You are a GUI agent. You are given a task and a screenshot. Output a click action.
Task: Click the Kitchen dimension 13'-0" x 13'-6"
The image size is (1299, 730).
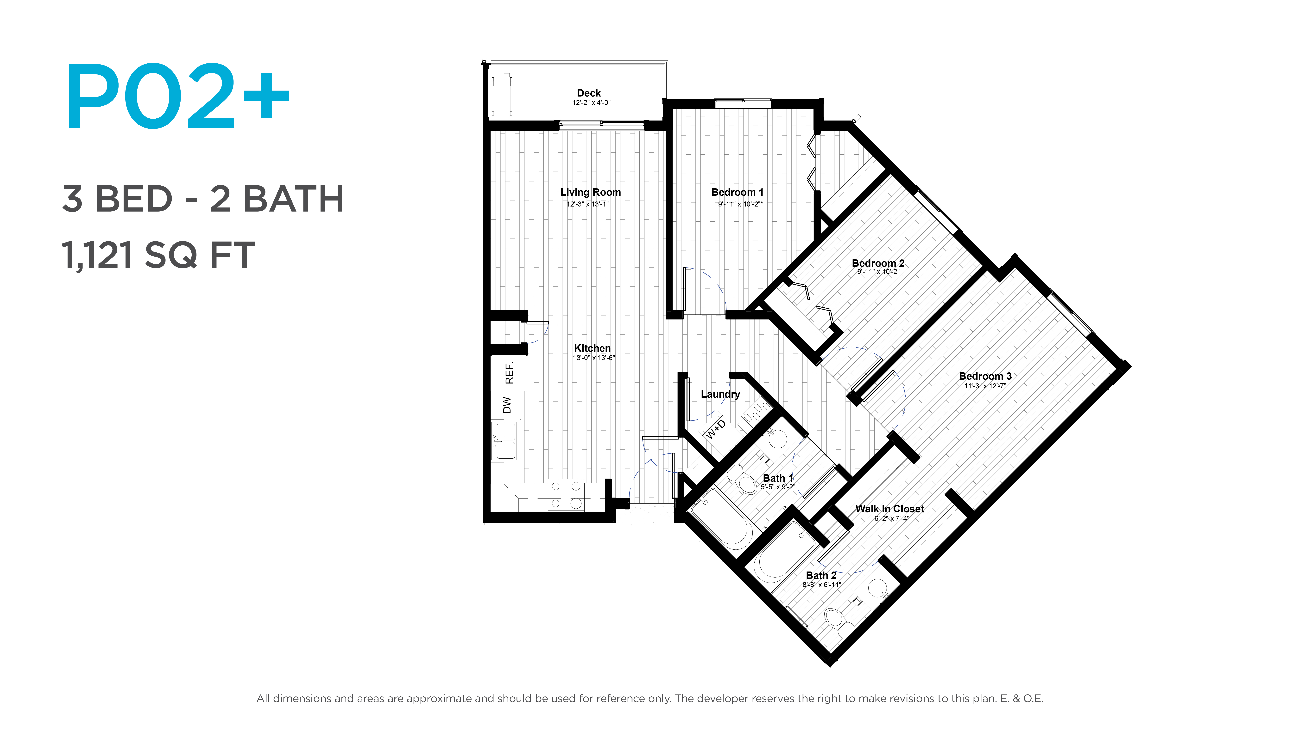pyautogui.click(x=593, y=358)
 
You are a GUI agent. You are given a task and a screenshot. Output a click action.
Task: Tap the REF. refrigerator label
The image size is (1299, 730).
pyautogui.click(x=509, y=373)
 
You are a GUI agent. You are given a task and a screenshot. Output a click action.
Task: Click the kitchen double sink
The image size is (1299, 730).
pyautogui.click(x=504, y=441)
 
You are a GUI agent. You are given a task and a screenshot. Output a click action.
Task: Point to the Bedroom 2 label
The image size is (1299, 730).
pyautogui.click(x=878, y=263)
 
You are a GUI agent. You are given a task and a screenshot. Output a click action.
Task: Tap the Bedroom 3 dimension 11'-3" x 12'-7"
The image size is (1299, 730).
pyautogui.click(x=985, y=386)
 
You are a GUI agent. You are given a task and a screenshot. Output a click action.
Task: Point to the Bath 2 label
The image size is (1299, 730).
pyautogui.click(x=821, y=575)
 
